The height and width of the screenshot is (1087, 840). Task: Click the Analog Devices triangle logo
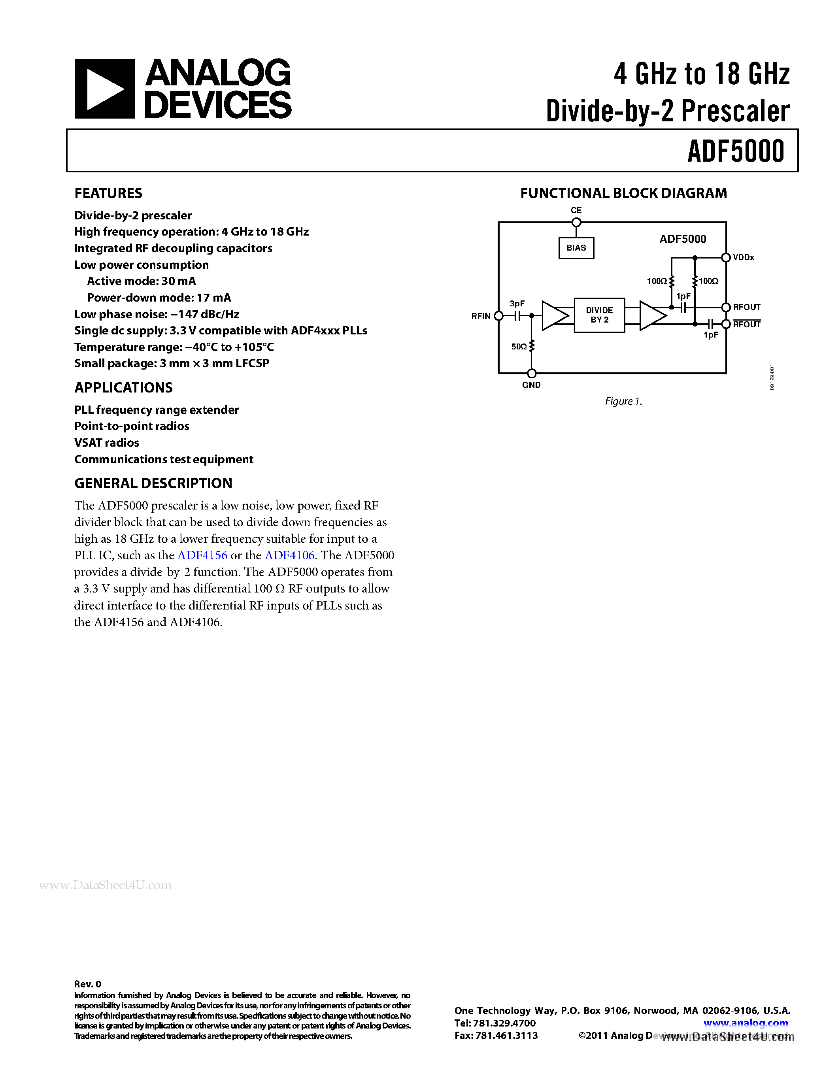point(104,89)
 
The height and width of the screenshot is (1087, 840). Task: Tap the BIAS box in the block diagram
point(576,248)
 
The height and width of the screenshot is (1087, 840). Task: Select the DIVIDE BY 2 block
point(599,315)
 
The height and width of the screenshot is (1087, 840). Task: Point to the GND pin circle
point(531,373)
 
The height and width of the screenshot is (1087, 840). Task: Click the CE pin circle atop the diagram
point(576,223)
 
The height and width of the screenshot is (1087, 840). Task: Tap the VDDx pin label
point(744,257)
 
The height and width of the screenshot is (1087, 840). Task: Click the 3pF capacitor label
point(517,304)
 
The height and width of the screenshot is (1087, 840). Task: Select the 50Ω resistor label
point(519,346)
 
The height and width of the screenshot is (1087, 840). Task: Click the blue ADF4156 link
point(202,555)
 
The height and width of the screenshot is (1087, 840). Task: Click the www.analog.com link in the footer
point(746,1023)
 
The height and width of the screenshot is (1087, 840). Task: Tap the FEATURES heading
point(108,193)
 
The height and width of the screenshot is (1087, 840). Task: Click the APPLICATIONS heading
point(123,388)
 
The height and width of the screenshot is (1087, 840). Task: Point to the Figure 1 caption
point(623,401)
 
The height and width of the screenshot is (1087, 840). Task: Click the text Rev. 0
point(88,984)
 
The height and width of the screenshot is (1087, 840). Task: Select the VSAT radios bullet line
point(106,442)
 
